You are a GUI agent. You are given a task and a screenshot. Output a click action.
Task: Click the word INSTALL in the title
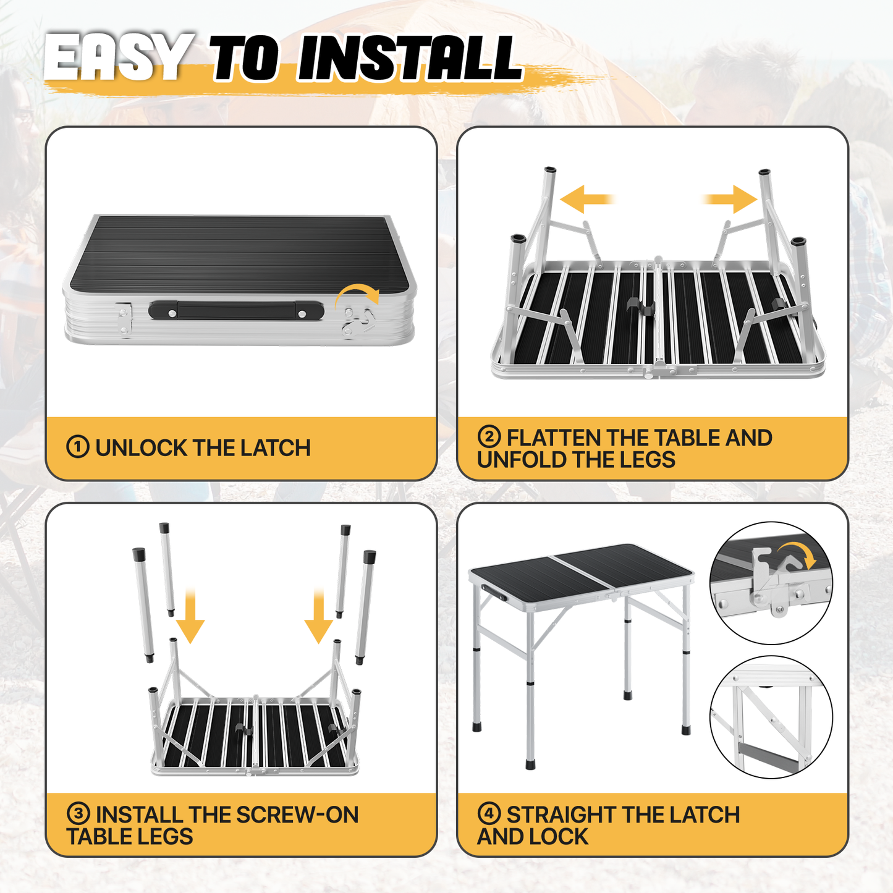click(x=410, y=58)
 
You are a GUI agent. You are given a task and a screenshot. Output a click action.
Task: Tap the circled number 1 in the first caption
click(x=77, y=447)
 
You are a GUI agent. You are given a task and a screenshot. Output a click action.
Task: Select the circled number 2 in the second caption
click(x=489, y=437)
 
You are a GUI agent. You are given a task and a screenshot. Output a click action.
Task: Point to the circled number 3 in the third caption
click(x=78, y=815)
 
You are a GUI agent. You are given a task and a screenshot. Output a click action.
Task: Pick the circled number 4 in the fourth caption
click(x=489, y=815)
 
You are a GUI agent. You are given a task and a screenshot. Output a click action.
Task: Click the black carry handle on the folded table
click(x=236, y=310)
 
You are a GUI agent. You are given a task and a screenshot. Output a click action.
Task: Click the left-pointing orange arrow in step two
click(x=587, y=199)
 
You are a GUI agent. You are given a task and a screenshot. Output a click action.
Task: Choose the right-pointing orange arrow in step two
click(x=730, y=199)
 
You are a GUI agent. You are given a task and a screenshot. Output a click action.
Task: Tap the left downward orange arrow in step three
click(x=190, y=616)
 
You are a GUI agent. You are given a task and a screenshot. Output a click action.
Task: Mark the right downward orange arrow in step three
click(x=318, y=616)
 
